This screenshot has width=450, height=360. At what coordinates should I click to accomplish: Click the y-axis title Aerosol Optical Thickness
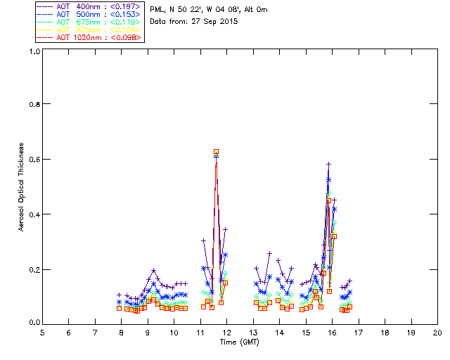click(22, 188)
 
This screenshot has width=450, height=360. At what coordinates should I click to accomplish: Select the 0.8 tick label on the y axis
click(34, 104)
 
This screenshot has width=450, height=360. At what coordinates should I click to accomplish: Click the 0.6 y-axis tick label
click(34, 160)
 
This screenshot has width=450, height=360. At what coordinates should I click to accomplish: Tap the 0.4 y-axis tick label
click(34, 214)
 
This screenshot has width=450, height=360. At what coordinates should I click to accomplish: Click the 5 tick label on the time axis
click(42, 332)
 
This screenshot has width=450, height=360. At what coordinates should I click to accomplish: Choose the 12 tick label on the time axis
click(226, 332)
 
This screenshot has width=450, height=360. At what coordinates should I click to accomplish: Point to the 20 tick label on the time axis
click(437, 332)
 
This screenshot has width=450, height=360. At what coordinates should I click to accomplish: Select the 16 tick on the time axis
click(332, 332)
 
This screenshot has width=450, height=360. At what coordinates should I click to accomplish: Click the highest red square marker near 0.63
click(216, 152)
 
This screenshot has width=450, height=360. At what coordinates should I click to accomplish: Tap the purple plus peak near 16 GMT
click(328, 165)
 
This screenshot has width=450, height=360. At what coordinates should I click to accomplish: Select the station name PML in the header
click(157, 10)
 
